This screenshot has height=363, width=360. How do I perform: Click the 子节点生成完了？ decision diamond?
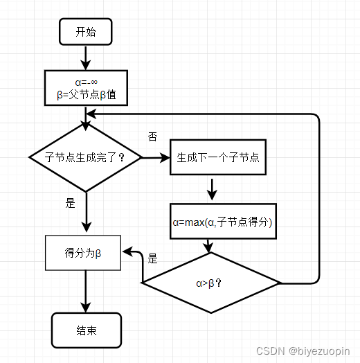click(x=85, y=157)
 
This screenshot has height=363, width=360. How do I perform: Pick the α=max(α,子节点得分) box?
click(x=223, y=222)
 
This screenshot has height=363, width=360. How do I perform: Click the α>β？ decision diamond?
click(x=210, y=283)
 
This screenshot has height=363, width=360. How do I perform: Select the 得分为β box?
click(x=84, y=253)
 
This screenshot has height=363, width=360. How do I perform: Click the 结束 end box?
click(x=87, y=330)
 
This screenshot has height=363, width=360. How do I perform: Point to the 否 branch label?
click(x=152, y=136)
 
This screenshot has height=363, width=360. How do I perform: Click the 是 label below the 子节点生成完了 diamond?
click(x=69, y=204)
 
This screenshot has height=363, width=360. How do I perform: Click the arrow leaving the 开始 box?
click(x=85, y=57)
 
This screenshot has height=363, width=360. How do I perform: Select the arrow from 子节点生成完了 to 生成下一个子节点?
click(x=156, y=157)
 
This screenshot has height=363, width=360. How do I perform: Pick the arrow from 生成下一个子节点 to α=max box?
click(x=212, y=188)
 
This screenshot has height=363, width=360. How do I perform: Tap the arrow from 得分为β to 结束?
click(x=85, y=291)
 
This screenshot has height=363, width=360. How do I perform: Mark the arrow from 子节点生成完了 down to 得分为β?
click(x=85, y=211)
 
